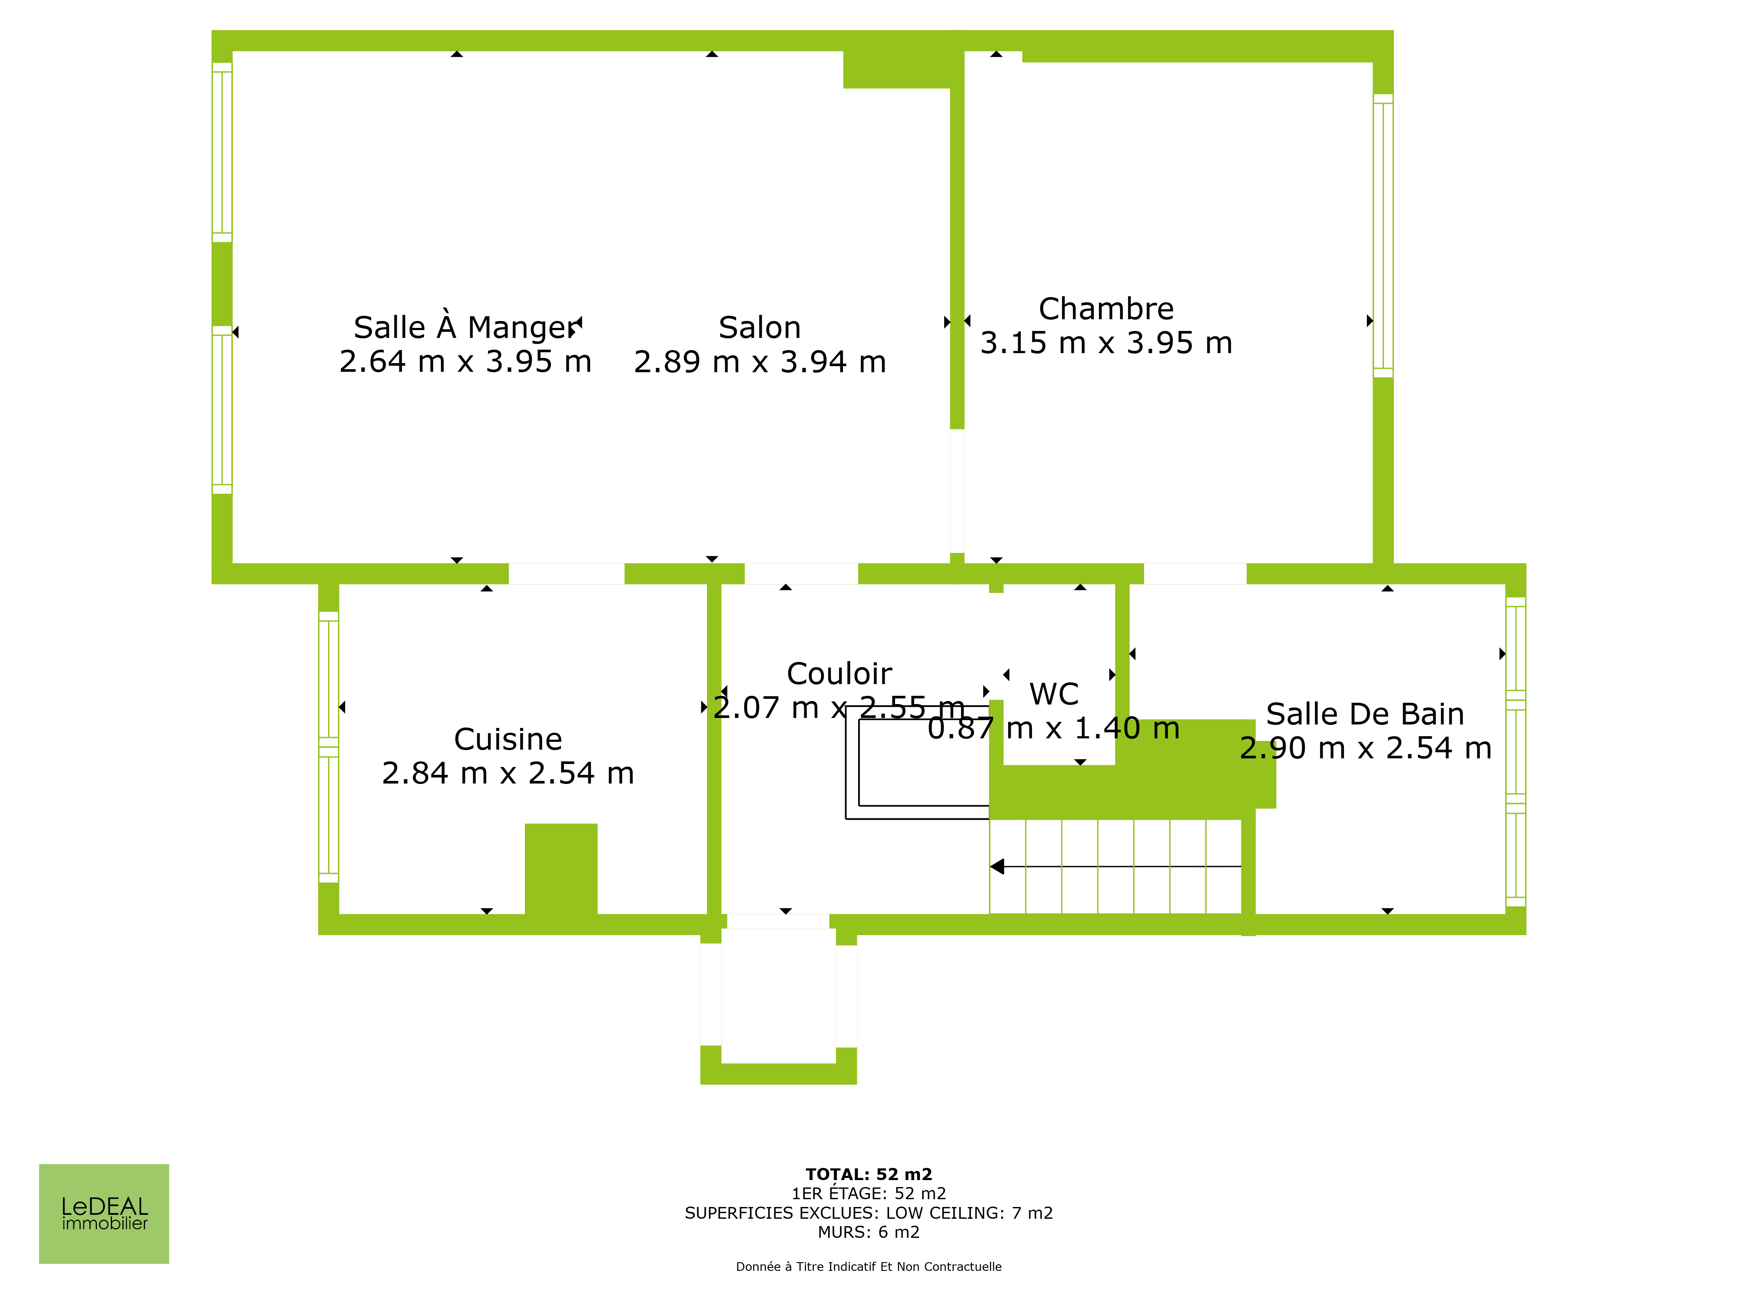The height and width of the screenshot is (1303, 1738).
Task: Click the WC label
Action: click(1054, 694)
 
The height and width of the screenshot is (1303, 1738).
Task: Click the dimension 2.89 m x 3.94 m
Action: click(760, 362)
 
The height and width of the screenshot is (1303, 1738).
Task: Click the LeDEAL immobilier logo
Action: click(104, 1214)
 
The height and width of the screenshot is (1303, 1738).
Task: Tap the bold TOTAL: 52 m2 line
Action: click(869, 1174)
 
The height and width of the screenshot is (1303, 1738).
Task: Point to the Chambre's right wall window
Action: click(1383, 235)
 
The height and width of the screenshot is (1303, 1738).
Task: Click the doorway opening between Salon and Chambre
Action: click(957, 491)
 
